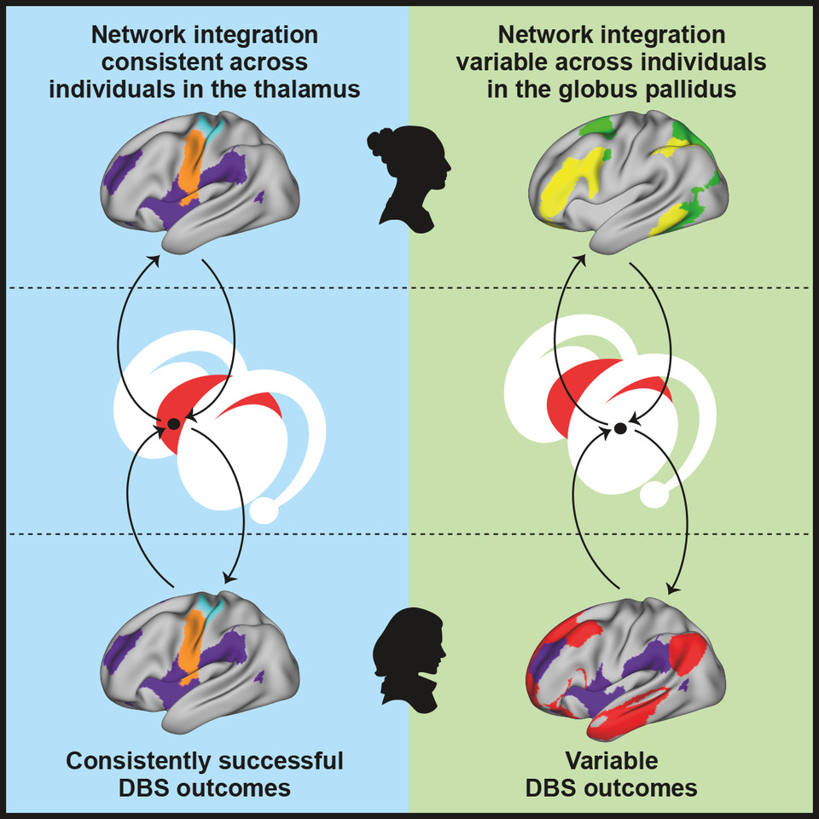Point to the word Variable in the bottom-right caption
pos(612,759)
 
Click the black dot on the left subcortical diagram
pos(173,423)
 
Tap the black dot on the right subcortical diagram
pos(620,427)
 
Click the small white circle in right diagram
pos(654,494)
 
